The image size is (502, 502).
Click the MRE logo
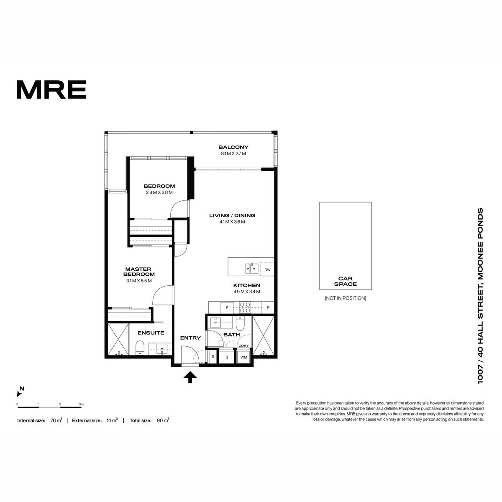tap(51, 90)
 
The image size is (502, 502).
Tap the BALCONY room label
tap(233, 147)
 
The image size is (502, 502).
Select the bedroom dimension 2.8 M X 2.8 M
tap(159, 192)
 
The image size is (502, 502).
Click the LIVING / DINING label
tap(232, 215)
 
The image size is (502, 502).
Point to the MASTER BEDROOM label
tap(139, 271)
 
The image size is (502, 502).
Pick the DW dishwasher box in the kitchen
tap(267, 270)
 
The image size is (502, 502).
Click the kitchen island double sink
tap(252, 268)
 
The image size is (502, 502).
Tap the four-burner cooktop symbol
tap(245, 307)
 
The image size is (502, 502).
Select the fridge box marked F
tap(227, 307)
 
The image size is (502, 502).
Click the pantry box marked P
tap(268, 307)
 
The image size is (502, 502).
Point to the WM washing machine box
tap(243, 357)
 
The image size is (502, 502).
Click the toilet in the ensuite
tap(140, 348)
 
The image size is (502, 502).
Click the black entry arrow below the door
tap(190, 377)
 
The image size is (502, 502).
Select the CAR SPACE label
tap(345, 281)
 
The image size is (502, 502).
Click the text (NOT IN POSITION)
tap(345, 298)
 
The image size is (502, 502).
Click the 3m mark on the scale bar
tap(82, 404)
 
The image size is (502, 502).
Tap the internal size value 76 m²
tap(56, 420)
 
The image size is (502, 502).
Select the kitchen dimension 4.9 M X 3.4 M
tap(247, 292)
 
